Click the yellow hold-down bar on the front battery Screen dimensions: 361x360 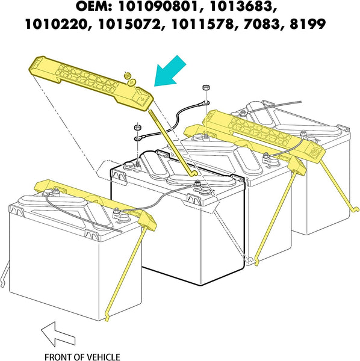(90, 196)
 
